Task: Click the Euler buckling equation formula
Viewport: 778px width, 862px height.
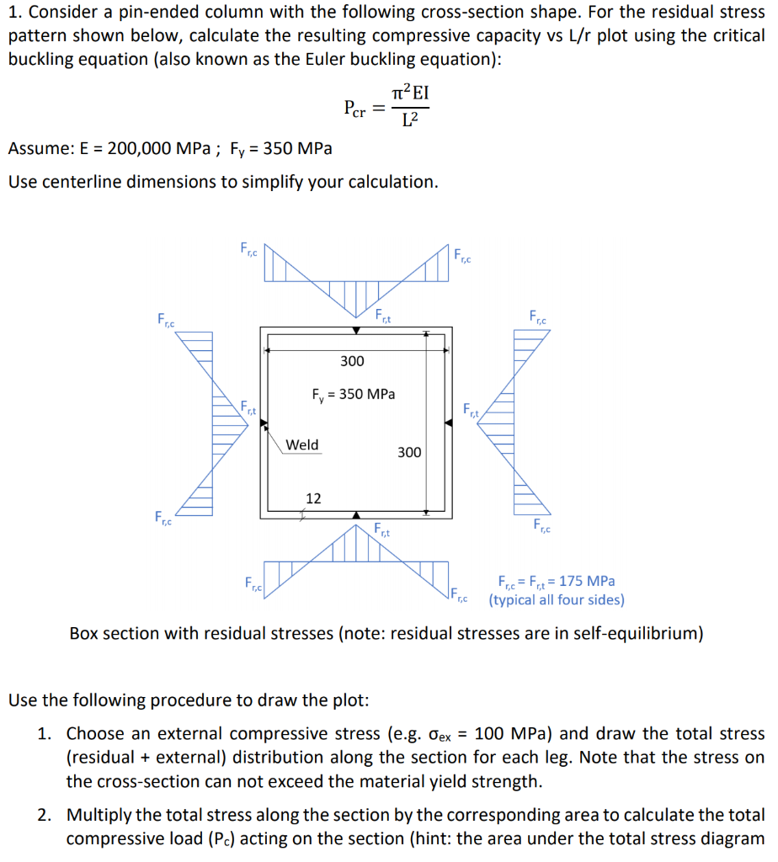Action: [x=386, y=107]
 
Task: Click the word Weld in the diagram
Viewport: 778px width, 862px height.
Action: [x=302, y=444]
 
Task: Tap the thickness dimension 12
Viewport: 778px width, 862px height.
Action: [x=313, y=498]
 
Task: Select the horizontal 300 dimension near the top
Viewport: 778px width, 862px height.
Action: [x=352, y=361]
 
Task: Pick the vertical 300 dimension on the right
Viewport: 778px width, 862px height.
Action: [x=409, y=453]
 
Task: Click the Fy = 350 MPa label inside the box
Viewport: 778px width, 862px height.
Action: [x=354, y=394]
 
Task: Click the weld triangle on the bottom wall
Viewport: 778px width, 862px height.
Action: [x=356, y=514]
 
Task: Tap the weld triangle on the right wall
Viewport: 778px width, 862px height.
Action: [x=449, y=423]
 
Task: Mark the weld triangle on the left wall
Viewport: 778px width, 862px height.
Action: [x=264, y=428]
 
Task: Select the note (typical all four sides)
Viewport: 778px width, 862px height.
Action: [x=557, y=600]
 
